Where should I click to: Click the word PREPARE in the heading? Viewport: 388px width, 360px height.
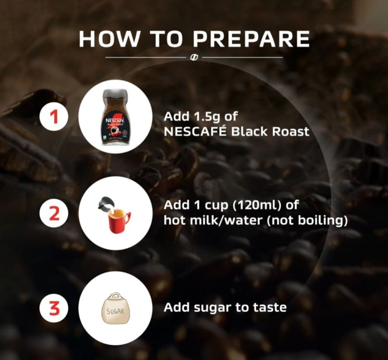(x=251, y=39)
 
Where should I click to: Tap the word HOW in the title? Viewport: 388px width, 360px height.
(x=109, y=39)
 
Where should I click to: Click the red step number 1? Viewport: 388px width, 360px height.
(x=54, y=117)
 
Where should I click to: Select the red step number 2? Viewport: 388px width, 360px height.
(x=54, y=214)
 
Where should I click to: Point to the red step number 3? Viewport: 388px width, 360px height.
(x=54, y=309)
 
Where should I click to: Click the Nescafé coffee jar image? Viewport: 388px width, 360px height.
(x=115, y=117)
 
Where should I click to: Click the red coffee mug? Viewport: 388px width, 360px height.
(x=119, y=221)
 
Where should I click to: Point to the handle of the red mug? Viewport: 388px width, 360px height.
(x=127, y=219)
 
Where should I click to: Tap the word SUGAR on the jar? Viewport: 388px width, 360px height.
(x=115, y=311)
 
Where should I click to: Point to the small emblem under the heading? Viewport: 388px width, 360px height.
(x=194, y=57)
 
